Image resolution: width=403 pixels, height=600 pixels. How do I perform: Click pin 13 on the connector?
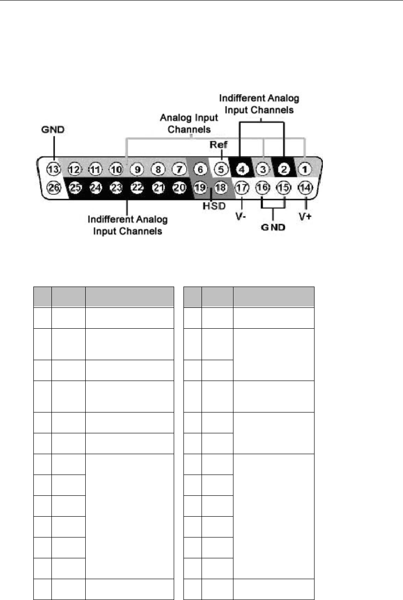coord(54,169)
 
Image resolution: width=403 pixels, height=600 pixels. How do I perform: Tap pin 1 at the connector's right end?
coord(304,169)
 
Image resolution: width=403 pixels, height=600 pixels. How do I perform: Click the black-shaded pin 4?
coord(241,169)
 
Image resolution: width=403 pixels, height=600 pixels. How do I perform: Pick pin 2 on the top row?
coord(283,169)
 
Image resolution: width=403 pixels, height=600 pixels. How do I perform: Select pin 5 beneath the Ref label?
coord(221,169)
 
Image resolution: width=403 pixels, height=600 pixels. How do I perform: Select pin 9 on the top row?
coord(137,169)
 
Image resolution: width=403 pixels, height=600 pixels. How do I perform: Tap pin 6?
coord(200,169)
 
